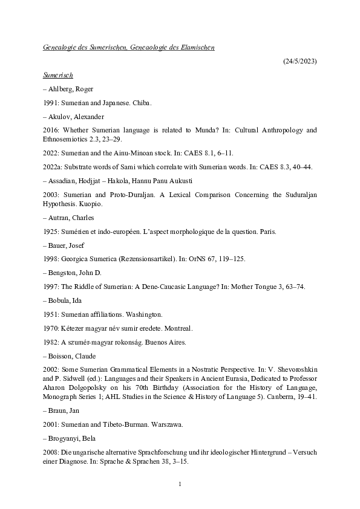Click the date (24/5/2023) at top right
[x=299, y=61]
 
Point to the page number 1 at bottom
[x=180, y=484]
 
